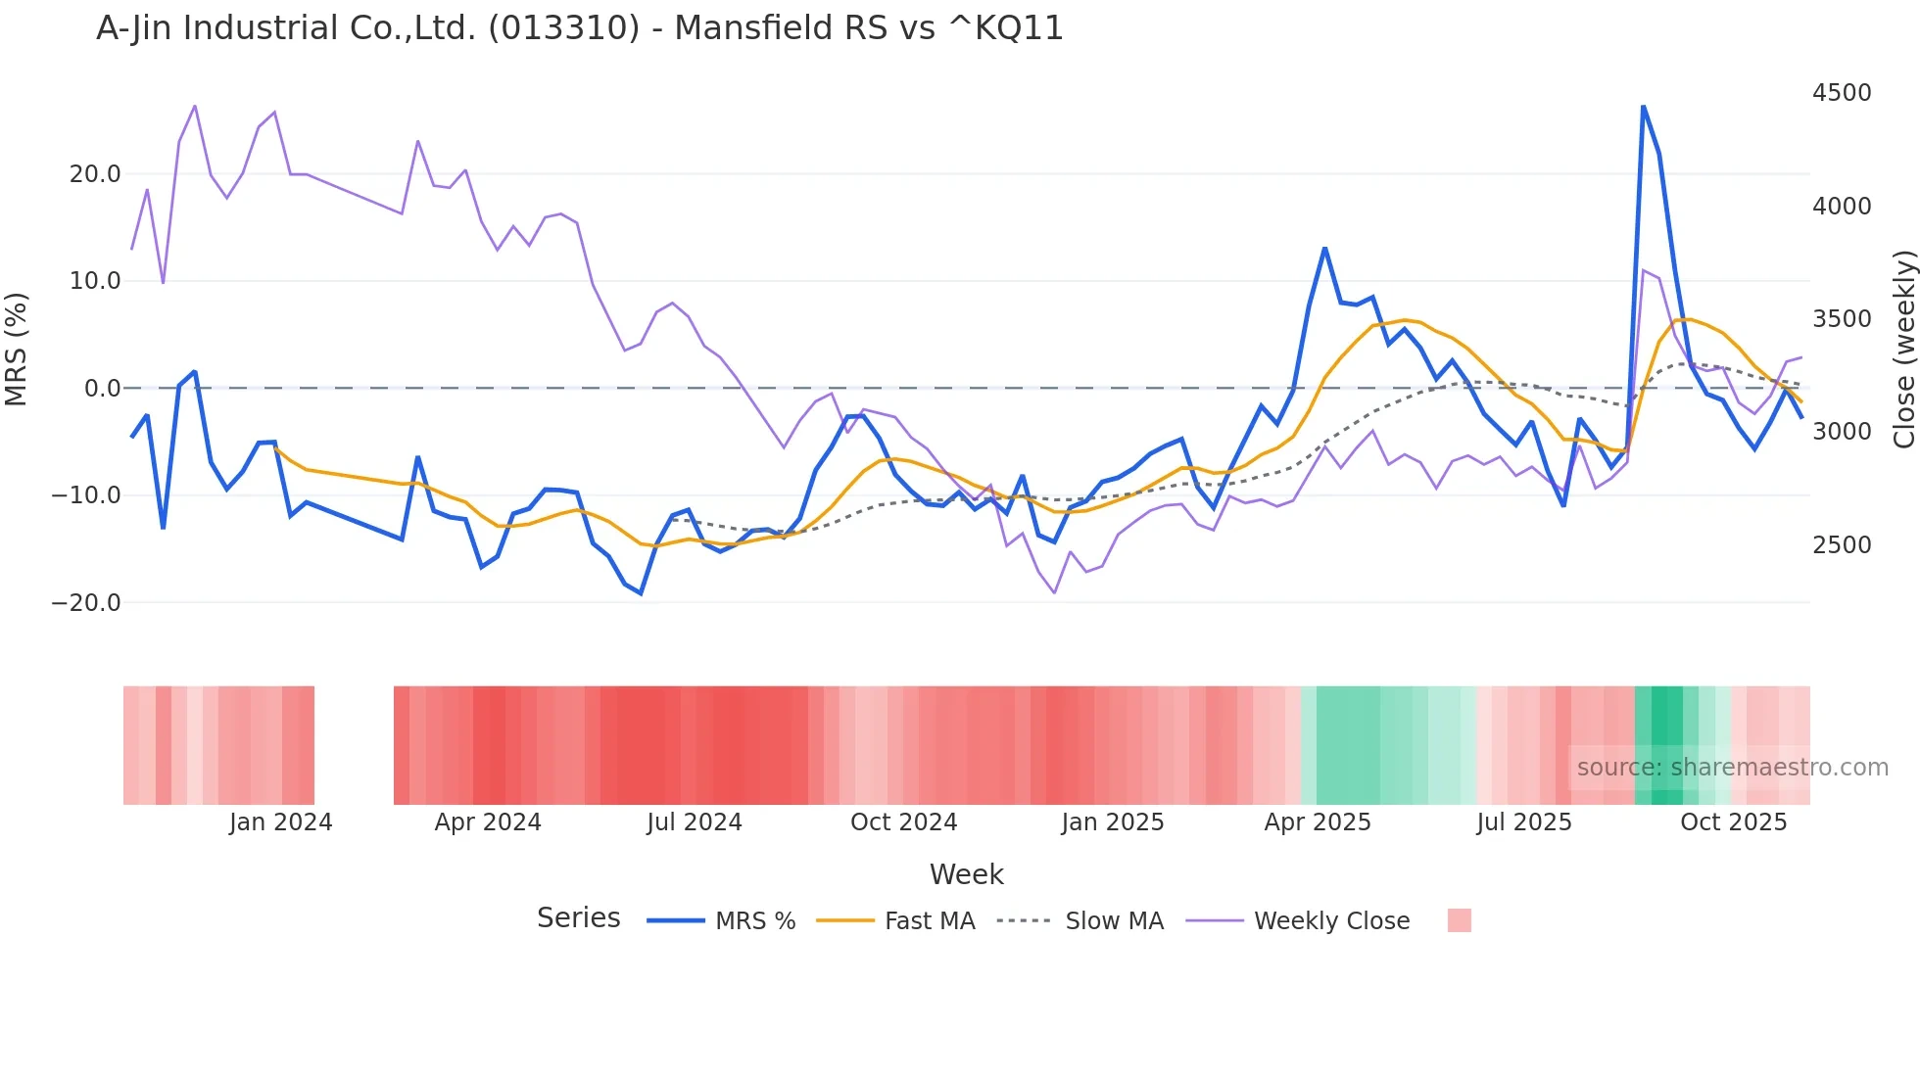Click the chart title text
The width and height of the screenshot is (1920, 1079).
click(x=579, y=28)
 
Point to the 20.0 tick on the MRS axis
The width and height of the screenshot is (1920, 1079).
click(x=95, y=174)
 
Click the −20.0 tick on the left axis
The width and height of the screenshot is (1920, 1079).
click(x=87, y=603)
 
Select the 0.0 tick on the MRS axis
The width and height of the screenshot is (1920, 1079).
click(x=103, y=389)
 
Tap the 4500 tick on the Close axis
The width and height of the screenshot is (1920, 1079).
click(x=1841, y=93)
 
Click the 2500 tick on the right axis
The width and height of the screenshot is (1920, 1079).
click(x=1841, y=545)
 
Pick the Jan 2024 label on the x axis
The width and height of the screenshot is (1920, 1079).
click(x=281, y=822)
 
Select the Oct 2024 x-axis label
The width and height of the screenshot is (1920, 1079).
click(x=903, y=822)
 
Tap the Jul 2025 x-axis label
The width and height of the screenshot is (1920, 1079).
click(x=1523, y=822)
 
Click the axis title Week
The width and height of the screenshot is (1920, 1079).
click(x=966, y=874)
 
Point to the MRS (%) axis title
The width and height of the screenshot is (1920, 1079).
click(x=17, y=350)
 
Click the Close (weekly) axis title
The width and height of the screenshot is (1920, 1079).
click(x=1903, y=350)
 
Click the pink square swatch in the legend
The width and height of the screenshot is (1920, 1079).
click(x=1459, y=920)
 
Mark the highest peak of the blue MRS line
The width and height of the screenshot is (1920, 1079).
click(x=1643, y=106)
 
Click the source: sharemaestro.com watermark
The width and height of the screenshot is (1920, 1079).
click(x=1732, y=768)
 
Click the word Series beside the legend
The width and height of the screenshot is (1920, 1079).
click(x=578, y=918)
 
